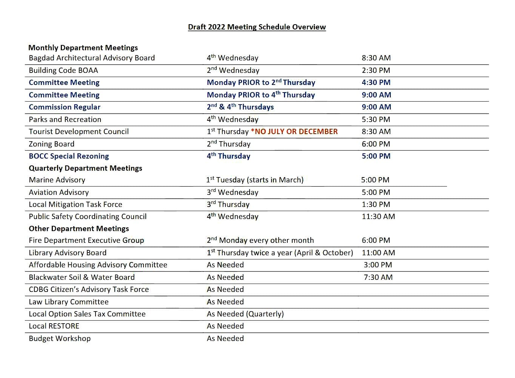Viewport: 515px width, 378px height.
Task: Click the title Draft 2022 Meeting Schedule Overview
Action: point(257,27)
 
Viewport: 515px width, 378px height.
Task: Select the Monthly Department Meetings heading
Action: point(83,48)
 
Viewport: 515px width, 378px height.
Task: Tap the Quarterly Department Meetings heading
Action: point(85,168)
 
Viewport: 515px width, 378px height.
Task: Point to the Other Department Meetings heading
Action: point(79,228)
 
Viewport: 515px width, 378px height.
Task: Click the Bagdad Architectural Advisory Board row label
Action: point(92,58)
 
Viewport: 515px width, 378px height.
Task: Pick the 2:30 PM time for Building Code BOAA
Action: point(376,70)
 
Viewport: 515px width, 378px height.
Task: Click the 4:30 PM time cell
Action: point(376,82)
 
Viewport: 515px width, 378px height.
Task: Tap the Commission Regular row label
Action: point(65,107)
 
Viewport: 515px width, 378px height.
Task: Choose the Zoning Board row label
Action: point(51,144)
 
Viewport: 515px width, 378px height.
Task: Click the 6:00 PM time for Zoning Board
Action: point(376,144)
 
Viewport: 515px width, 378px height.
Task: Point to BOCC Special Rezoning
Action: point(69,156)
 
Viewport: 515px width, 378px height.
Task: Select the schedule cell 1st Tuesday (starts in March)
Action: point(255,180)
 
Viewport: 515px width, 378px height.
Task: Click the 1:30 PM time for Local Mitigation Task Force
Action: point(376,204)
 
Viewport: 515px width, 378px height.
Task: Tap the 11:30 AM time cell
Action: point(378,216)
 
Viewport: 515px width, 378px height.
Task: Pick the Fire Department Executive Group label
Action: point(86,240)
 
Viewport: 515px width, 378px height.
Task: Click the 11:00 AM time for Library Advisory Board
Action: point(378,253)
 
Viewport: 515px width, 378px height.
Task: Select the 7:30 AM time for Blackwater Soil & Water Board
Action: point(378,277)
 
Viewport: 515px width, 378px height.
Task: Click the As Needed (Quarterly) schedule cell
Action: point(245,314)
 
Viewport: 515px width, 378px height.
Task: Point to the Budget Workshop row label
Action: point(60,338)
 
